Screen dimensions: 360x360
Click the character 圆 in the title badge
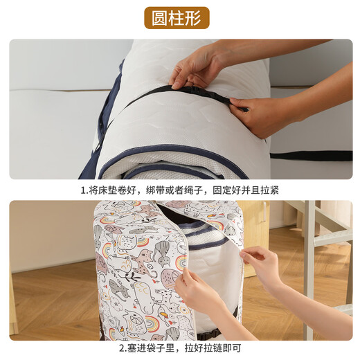pyautogui.click(x=161, y=17)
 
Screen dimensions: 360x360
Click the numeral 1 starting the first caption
pyautogui.click(x=82, y=190)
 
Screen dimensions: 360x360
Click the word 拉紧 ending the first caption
pyautogui.click(x=269, y=190)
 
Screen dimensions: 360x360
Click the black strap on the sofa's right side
pyautogui.click(x=312, y=156)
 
